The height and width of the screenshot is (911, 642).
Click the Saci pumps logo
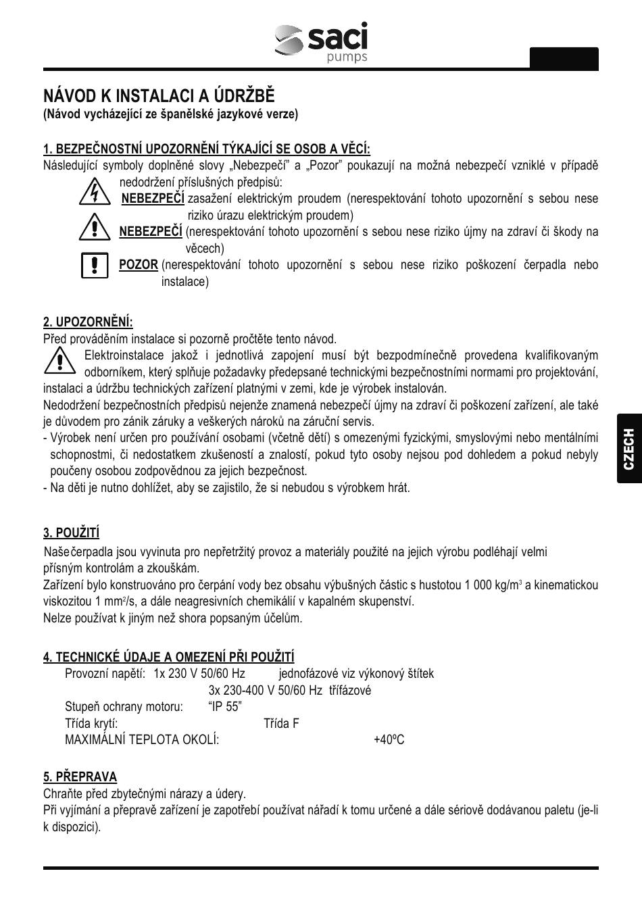point(322,43)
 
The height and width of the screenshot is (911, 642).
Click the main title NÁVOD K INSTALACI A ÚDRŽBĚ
point(159,95)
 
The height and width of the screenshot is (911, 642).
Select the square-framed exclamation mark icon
point(95,265)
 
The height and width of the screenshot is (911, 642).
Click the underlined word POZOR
point(139,265)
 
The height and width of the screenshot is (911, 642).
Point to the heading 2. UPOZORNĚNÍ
point(88,322)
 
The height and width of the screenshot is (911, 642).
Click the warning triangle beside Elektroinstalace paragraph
point(60,360)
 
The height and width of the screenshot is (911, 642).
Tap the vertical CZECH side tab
point(628,449)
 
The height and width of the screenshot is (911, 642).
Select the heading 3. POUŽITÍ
point(71,533)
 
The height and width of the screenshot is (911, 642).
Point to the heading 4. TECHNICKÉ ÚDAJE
point(168,657)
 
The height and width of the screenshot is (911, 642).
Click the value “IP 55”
point(225,707)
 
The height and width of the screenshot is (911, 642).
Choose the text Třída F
point(281,724)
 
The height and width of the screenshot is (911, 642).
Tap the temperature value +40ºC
point(389,740)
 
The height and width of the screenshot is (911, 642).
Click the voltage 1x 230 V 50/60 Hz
point(199,674)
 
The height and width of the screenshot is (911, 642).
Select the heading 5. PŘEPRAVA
point(80,777)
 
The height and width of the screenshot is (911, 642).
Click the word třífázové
point(350,691)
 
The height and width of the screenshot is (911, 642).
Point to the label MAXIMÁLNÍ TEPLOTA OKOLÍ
point(142,740)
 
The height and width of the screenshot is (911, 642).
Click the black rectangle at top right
point(564,59)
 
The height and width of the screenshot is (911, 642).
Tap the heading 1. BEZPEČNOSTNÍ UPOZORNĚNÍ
point(207,149)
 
